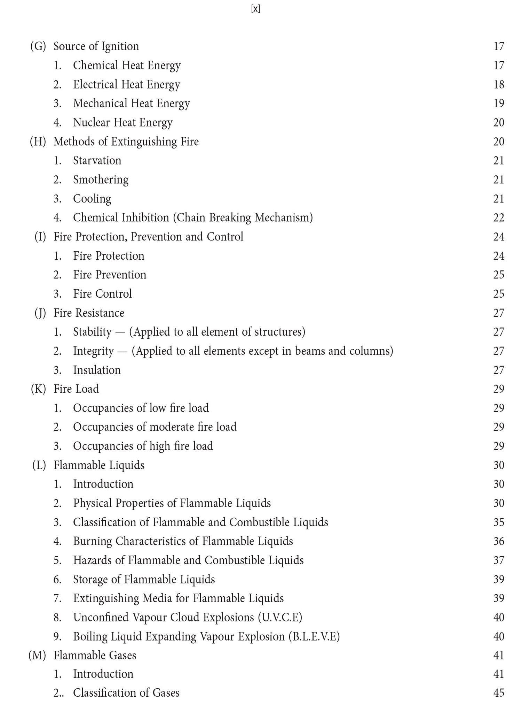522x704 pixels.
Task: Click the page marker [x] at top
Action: (x=255, y=9)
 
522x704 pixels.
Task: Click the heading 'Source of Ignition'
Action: (x=96, y=46)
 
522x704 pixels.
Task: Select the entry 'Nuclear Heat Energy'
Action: (x=122, y=122)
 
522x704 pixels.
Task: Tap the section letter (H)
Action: (x=38, y=141)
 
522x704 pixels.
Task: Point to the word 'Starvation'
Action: (x=97, y=161)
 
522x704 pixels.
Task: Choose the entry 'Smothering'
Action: (x=101, y=180)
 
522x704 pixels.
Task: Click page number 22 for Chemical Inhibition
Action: (x=499, y=218)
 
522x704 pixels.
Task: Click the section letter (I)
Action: (x=40, y=237)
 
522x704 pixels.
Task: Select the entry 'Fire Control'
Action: (x=102, y=294)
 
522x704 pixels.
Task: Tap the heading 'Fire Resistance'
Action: (x=89, y=313)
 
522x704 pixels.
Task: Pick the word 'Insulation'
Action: (x=97, y=370)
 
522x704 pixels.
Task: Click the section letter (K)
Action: (x=38, y=389)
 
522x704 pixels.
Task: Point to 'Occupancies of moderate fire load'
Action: (x=155, y=427)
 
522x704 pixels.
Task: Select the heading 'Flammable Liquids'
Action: (x=99, y=465)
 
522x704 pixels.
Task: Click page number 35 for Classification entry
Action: (x=499, y=522)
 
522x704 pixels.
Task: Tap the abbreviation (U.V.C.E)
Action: (x=280, y=618)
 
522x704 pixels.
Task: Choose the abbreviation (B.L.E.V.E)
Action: (x=314, y=637)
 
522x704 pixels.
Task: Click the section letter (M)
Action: (x=37, y=656)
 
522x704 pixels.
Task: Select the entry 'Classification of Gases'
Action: (x=126, y=693)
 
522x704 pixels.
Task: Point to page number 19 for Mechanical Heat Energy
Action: (x=499, y=104)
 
